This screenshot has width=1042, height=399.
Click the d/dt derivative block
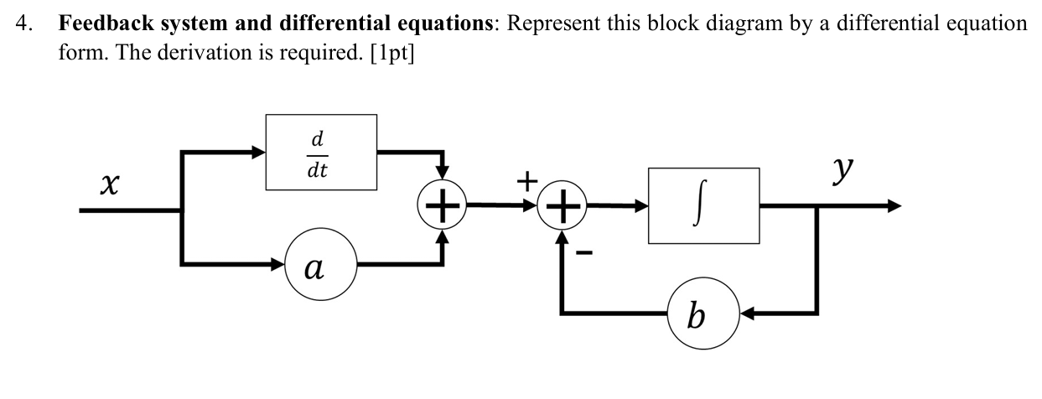point(321,152)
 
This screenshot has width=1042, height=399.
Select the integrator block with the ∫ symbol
point(703,205)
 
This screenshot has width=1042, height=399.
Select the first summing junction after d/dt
point(442,205)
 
